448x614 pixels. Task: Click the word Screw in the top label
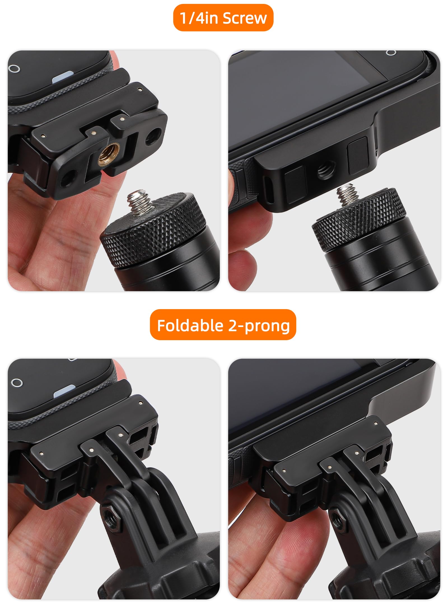point(244,18)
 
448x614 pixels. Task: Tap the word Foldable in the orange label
point(190,326)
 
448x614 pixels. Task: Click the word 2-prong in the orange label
point(259,326)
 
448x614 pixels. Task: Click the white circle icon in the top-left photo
point(14,68)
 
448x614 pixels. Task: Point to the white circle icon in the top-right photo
point(391,53)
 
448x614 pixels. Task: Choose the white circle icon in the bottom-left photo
point(17,383)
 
